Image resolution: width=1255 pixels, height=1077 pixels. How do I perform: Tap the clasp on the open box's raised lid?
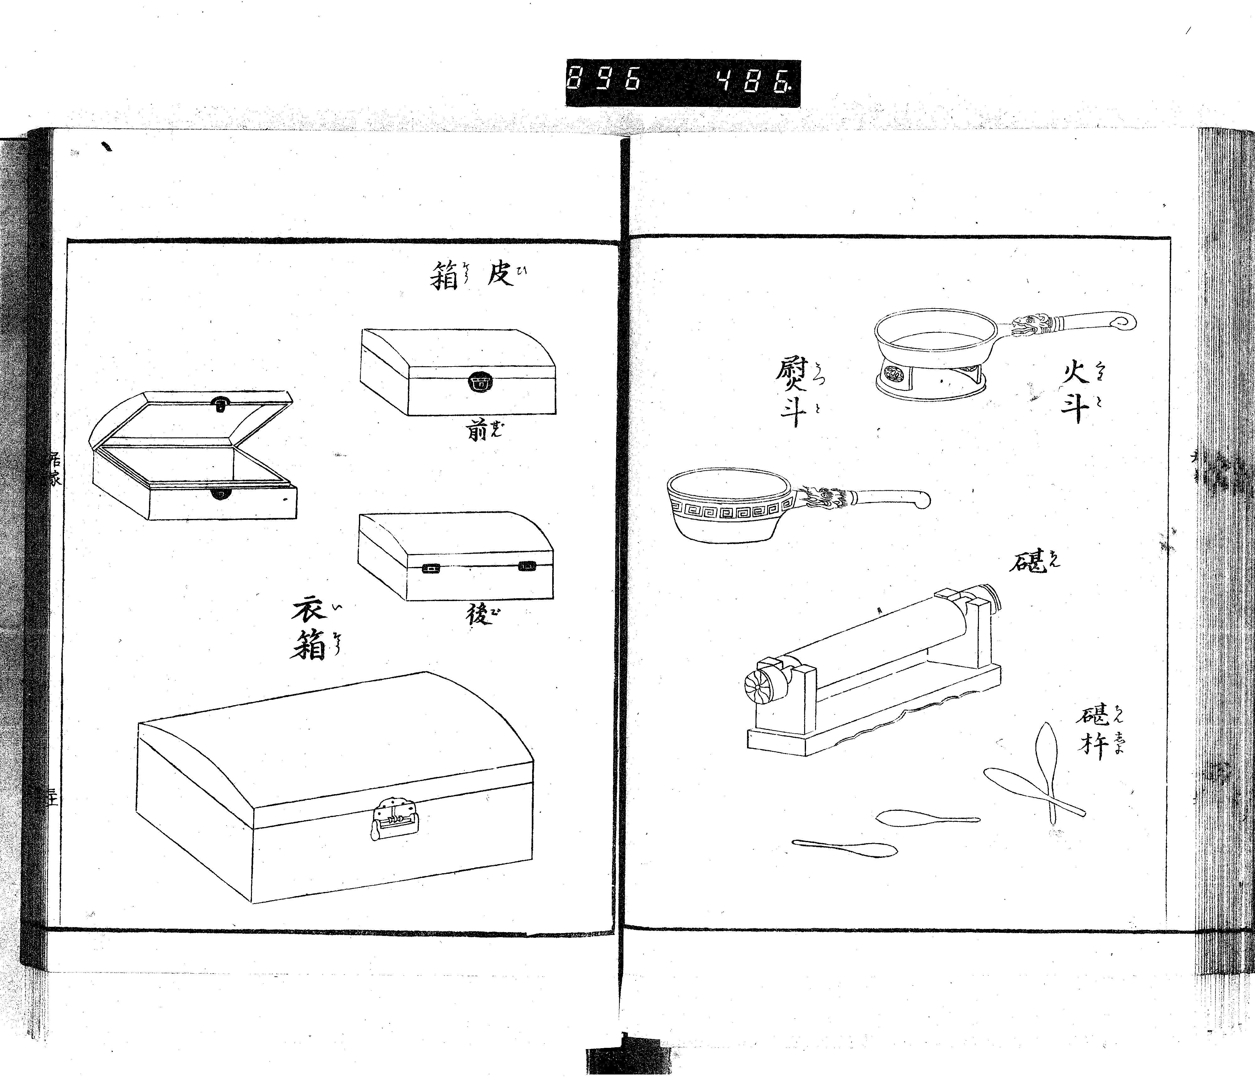(x=219, y=403)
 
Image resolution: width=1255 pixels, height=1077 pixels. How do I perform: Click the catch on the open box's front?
(x=219, y=495)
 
